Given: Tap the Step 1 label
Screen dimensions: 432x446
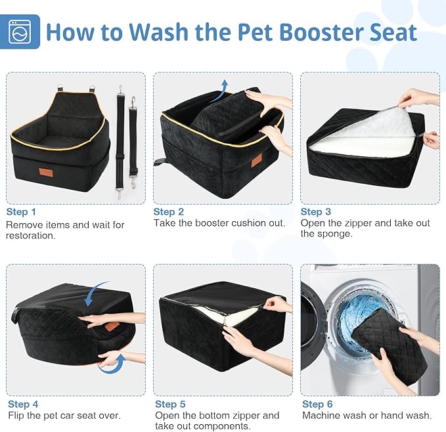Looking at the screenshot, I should pos(22,211).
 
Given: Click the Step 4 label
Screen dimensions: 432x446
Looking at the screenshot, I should pos(22,404).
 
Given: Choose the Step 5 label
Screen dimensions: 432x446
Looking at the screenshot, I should pos(170,404).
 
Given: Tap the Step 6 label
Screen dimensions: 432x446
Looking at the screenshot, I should pos(317,404).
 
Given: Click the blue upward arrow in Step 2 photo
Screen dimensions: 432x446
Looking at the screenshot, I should pos(225,87).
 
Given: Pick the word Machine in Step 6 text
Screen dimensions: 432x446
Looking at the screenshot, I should pos(321,415).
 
